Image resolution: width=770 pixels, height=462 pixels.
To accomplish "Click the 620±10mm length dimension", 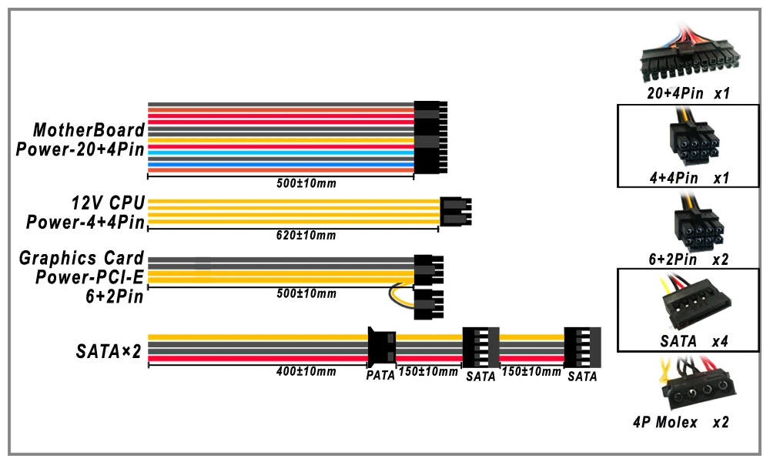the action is coord(306,235).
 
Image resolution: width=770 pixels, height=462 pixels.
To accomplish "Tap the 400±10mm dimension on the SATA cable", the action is coord(306,371).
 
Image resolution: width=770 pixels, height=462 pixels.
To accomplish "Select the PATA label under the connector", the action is coord(380,376).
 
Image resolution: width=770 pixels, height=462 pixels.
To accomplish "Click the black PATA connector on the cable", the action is coord(382,346).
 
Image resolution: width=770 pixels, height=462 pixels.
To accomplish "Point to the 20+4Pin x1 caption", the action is coord(688,93).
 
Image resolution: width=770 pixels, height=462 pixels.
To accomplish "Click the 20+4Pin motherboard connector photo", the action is coord(689,53).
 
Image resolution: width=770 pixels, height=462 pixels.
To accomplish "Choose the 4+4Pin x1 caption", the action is coord(689,178).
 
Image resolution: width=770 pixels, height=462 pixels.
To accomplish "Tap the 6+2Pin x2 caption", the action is coord(688,259).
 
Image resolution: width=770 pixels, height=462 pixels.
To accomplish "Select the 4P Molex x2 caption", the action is coord(681,422).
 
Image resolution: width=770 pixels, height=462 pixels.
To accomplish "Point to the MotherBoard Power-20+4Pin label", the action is coord(81,139).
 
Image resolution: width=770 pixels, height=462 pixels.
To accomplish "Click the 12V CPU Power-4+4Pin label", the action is coord(85,212).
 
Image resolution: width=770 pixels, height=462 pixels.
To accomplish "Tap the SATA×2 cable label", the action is coord(109,352).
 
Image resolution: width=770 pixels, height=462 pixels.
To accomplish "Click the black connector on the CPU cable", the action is coord(456,211).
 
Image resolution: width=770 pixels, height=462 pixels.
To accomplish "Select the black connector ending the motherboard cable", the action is coord(430,138).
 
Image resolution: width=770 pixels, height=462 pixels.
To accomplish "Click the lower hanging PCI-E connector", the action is coord(429,304).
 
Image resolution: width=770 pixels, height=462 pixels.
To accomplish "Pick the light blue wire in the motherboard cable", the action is coord(281,152).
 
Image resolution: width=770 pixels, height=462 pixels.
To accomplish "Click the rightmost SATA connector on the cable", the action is coord(582,347).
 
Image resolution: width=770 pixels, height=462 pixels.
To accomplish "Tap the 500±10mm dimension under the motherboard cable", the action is coord(306,183).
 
